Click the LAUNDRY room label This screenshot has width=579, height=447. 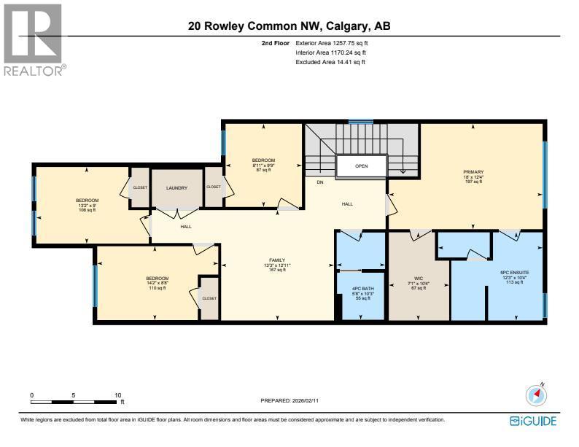point(176,188)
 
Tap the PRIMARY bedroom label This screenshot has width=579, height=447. point(473,171)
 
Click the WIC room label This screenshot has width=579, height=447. point(419,278)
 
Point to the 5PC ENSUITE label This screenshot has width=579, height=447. point(513,274)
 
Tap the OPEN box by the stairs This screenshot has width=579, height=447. point(362,166)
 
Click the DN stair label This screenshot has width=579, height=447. point(319,182)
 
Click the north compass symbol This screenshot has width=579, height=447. point(536,394)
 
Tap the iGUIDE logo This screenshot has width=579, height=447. point(533,421)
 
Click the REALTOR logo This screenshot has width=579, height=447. point(34,39)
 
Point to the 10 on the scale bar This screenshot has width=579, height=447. point(117,395)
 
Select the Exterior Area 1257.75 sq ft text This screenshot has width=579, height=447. point(336,44)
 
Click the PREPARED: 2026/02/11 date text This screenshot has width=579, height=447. point(289,401)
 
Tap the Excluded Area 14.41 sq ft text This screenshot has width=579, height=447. point(330,63)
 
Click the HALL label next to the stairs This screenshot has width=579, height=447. point(347,204)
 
